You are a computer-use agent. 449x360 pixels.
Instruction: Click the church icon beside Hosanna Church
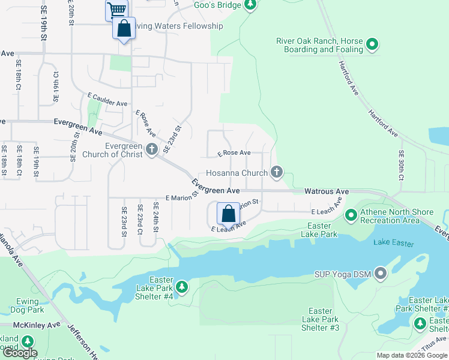click(x=277, y=173)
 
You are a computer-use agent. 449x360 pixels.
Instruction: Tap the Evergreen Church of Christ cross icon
click(x=152, y=149)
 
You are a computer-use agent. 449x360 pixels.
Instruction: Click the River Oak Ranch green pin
click(x=372, y=44)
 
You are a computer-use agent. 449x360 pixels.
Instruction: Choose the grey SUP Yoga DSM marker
click(x=380, y=275)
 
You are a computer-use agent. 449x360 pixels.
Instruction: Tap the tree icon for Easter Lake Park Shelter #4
click(x=182, y=287)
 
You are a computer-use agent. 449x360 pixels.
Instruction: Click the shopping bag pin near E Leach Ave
click(x=228, y=214)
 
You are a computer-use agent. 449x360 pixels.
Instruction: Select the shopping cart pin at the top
click(x=116, y=10)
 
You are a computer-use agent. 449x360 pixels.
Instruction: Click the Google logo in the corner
click(x=20, y=353)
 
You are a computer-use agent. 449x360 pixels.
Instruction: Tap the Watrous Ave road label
click(x=326, y=191)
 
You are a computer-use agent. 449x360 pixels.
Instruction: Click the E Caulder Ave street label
click(x=107, y=100)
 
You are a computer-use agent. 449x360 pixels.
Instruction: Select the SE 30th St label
click(x=401, y=165)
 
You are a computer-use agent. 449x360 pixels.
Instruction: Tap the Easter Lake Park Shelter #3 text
click(x=324, y=319)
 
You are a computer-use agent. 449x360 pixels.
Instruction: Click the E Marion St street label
click(x=181, y=197)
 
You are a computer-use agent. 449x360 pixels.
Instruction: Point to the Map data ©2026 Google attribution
click(x=412, y=355)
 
